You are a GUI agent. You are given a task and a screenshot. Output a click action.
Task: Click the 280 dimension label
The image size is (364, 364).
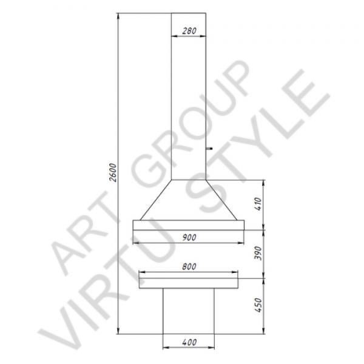click(x=189, y=31)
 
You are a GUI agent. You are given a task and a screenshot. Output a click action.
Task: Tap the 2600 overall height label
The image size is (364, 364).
click(x=113, y=172)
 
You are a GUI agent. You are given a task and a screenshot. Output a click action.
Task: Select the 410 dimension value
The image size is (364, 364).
click(x=258, y=204)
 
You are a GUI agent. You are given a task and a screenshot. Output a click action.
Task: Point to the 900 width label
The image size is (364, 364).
click(x=189, y=237)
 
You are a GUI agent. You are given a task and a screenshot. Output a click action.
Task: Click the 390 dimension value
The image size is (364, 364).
click(x=258, y=253)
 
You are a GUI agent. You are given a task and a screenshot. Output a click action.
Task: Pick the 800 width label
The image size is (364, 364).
click(x=189, y=266)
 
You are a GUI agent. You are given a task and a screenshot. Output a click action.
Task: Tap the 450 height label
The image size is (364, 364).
click(x=258, y=305)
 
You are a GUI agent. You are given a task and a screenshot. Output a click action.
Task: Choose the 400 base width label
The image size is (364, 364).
click(x=189, y=342)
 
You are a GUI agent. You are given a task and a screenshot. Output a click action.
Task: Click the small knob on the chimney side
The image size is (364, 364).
click(x=209, y=149)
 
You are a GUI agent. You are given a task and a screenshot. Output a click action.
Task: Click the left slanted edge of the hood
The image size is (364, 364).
click(x=156, y=200)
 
